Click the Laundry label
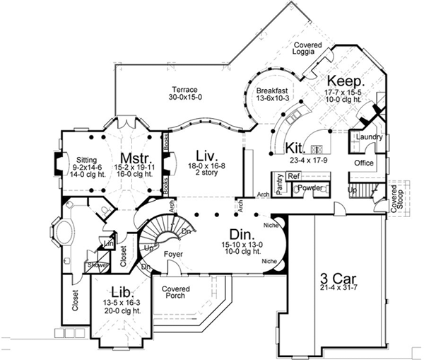tap(370, 137)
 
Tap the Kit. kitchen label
tap(295, 148)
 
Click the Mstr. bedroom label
tap(133, 157)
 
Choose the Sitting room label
tap(88, 160)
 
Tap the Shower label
tap(95, 265)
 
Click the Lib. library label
tap(120, 291)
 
